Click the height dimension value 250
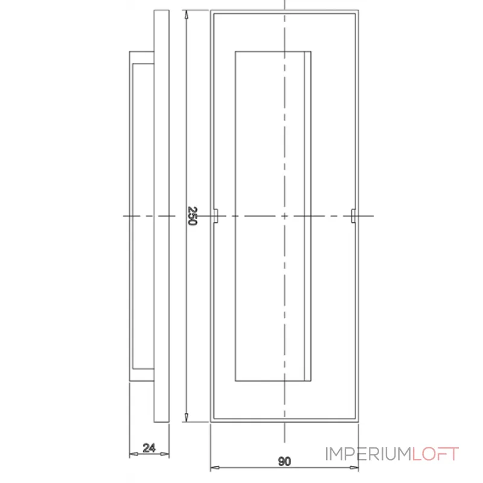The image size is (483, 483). click(192, 216)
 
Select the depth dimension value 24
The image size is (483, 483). click(149, 448)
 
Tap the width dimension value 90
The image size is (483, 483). click(284, 462)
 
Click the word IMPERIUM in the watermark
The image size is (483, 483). click(368, 453)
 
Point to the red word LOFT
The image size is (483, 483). click(435, 453)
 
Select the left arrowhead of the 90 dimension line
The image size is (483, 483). click(213, 468)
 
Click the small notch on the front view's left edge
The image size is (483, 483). click(215, 216)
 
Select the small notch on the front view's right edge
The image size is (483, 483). click(353, 216)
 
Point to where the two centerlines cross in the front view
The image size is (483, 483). click(284, 216)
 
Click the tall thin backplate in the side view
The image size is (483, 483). click(162, 216)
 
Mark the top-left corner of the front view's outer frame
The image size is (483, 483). click(210, 10)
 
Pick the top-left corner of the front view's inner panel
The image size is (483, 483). click(235, 51)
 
